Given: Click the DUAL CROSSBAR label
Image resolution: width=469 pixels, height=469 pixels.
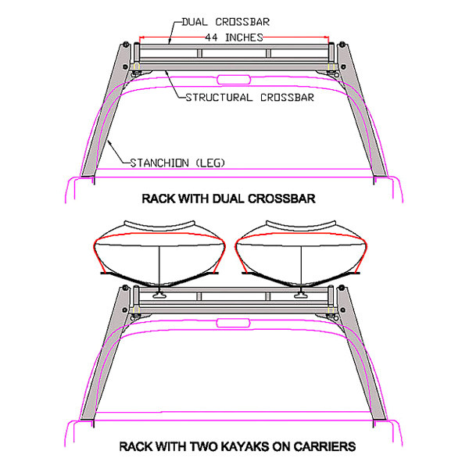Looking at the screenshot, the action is click(226, 22).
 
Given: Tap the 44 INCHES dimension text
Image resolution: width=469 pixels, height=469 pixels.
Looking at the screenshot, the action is click(234, 38).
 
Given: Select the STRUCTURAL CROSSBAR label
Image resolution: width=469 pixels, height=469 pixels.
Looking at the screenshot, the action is click(250, 98).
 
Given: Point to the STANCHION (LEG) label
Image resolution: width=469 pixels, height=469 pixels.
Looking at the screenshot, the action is click(177, 163).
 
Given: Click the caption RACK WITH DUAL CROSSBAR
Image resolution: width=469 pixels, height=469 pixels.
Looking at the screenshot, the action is click(228, 199).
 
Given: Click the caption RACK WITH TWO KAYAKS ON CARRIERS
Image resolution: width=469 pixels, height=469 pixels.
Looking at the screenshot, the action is click(237, 446).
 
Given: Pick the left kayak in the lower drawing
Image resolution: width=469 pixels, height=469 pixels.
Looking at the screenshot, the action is click(159, 253).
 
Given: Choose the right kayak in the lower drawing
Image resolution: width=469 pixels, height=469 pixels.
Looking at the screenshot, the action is click(301, 253).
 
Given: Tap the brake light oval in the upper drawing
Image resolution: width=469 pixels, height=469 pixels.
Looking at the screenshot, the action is click(234, 80).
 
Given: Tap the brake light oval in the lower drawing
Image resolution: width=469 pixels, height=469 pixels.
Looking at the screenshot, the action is click(233, 323).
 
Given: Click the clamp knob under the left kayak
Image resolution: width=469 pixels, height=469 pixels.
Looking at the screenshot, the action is click(159, 295).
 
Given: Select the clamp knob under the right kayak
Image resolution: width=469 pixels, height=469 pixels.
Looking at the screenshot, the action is click(301, 295).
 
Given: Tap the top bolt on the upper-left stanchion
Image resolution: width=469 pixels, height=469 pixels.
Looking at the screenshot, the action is click(126, 45).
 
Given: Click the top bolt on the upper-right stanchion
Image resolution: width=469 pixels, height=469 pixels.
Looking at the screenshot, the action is click(342, 45).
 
